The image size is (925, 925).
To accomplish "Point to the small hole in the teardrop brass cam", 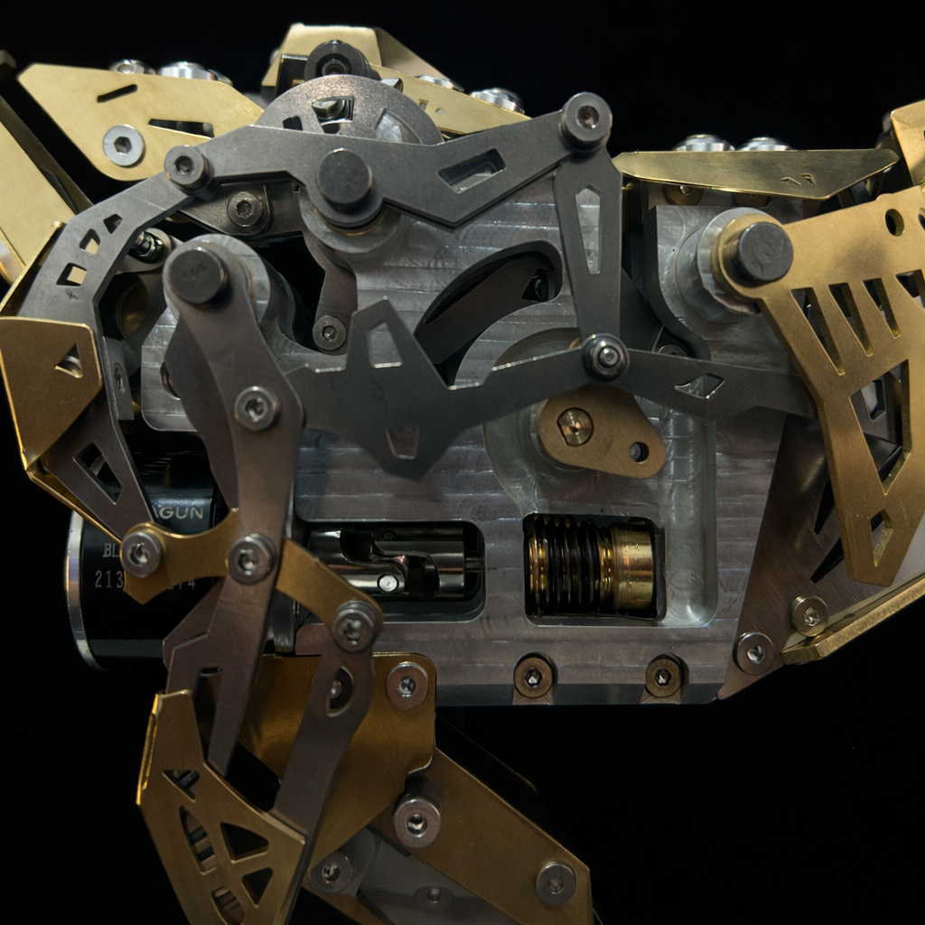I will click(640, 450).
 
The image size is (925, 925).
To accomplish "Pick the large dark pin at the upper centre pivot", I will click(344, 179).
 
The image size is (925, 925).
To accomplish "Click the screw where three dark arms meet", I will click(605, 356).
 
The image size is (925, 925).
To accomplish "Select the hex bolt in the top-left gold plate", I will click(122, 144).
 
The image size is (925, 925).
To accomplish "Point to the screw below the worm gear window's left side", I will click(533, 675).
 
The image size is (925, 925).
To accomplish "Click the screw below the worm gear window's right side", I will click(663, 675).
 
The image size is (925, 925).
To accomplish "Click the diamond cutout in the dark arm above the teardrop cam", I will click(702, 387).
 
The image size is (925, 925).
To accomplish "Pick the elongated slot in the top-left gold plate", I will click(117, 92).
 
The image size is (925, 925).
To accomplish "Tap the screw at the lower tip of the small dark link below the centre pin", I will click(329, 332).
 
